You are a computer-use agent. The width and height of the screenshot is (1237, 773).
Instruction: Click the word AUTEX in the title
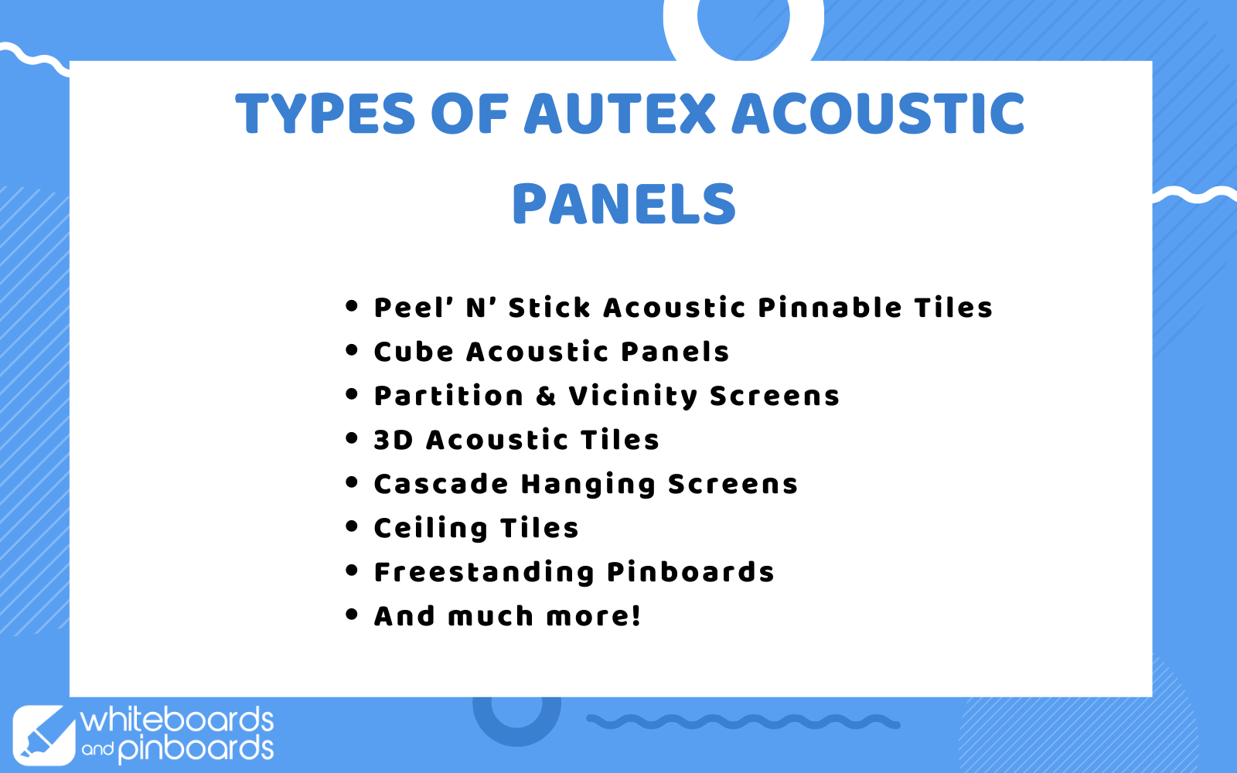coord(619,113)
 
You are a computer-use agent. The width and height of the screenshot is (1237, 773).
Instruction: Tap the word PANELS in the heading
coord(624,204)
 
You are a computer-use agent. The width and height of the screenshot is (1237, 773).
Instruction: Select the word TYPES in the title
coord(325,113)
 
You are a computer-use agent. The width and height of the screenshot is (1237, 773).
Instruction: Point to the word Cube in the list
coord(414,351)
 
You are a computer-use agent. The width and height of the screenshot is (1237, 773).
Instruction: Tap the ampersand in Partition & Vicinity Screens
coord(546,396)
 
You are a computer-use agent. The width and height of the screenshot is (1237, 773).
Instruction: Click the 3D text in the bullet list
coord(394,440)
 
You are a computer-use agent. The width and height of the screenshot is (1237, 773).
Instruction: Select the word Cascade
coord(441,484)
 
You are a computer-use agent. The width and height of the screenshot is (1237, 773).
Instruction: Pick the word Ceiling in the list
coord(431,529)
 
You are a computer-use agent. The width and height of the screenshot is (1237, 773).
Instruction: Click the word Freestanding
coord(484,573)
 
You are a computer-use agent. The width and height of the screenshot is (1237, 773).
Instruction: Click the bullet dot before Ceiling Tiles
coord(352,526)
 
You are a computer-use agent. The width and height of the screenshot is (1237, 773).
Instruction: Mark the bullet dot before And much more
coord(352,615)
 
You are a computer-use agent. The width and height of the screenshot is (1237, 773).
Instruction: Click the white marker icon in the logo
coord(43,735)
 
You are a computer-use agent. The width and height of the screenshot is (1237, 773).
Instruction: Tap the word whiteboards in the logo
coord(177,720)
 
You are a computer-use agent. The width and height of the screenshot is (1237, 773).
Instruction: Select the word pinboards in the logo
coord(196,750)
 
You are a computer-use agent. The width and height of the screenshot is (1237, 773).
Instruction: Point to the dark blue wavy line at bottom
coord(743,722)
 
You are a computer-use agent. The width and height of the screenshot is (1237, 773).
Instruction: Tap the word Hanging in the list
coord(588,485)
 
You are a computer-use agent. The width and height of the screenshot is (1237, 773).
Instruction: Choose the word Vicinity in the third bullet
coord(633,397)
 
